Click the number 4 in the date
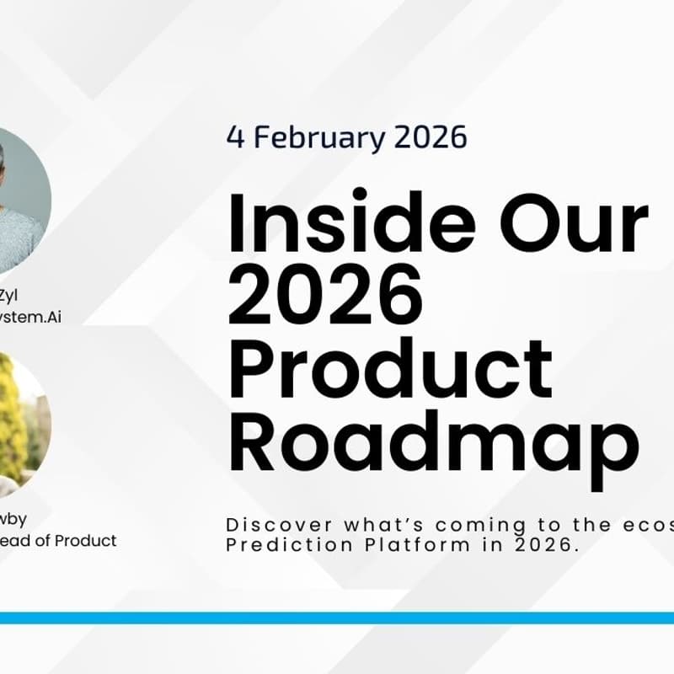click(x=234, y=137)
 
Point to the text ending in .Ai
click(x=34, y=317)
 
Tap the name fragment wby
click(x=13, y=519)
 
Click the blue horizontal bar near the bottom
click(x=337, y=618)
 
